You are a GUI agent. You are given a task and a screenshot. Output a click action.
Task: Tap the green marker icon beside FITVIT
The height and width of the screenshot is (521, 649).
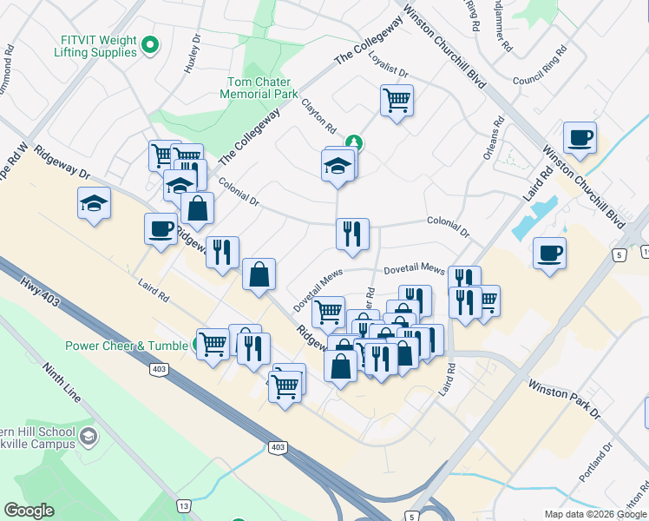[x=150, y=43]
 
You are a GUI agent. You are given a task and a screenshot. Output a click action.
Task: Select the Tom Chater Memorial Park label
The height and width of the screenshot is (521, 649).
[x=262, y=88]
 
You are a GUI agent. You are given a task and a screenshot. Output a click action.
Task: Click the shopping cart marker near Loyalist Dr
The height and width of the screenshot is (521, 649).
[x=397, y=100]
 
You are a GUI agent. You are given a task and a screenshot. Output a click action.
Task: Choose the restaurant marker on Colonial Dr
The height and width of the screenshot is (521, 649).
[x=351, y=234]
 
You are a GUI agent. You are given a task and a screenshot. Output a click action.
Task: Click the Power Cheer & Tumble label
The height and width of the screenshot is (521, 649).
[x=127, y=346]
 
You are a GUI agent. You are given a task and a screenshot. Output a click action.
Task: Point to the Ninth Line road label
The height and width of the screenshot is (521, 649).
[x=61, y=382]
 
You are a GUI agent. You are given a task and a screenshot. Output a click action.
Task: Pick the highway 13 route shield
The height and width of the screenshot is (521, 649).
[x=183, y=505]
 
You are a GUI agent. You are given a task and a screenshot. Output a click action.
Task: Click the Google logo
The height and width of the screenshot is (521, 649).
[x=29, y=511]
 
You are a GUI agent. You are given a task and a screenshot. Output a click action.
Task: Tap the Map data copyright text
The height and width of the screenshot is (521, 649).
[x=595, y=514]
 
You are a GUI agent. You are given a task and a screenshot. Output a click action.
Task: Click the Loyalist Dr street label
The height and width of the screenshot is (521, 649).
[x=387, y=64]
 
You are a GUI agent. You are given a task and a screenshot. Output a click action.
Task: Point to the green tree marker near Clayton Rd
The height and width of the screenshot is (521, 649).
[x=353, y=142]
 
